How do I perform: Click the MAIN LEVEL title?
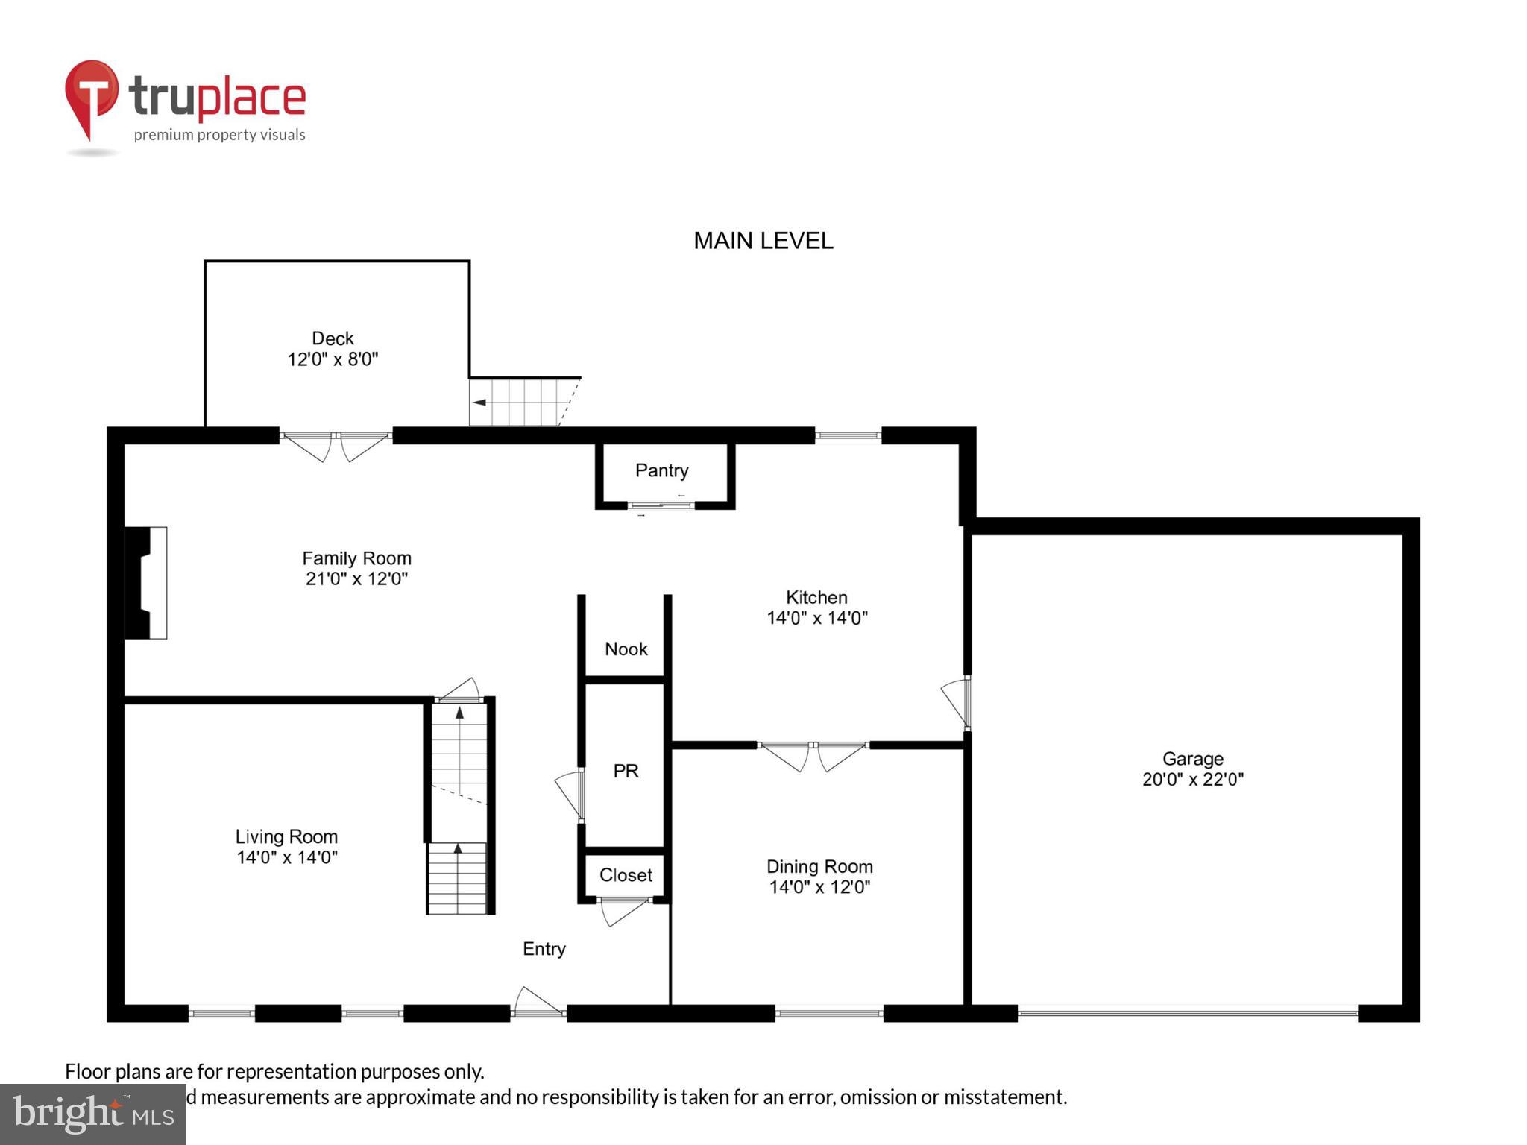click(x=763, y=241)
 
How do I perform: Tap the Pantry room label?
click(x=661, y=470)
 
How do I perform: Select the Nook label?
click(x=626, y=649)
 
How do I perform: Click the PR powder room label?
click(x=626, y=771)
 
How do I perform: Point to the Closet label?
click(x=626, y=875)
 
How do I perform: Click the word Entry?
click(x=544, y=949)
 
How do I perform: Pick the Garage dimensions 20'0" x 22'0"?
click(x=1192, y=780)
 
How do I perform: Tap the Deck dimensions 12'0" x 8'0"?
click(x=333, y=359)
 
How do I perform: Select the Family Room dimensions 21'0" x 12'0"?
click(x=356, y=579)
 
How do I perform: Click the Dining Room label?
click(x=819, y=866)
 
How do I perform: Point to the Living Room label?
click(x=286, y=836)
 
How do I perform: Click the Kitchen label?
click(x=816, y=597)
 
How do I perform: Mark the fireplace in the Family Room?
click(x=145, y=583)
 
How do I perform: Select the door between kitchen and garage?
click(x=957, y=701)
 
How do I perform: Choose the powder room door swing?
click(x=570, y=795)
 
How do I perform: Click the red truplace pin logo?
click(x=91, y=97)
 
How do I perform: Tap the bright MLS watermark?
click(x=92, y=1114)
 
